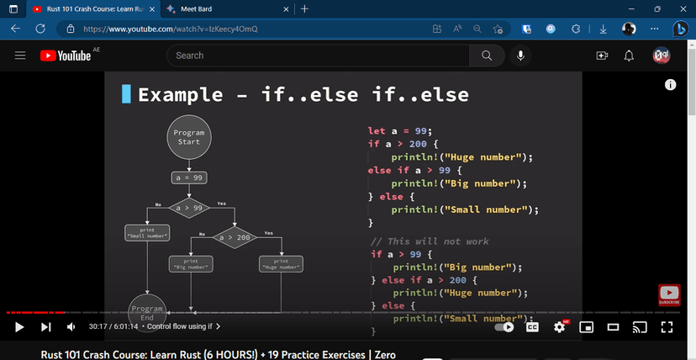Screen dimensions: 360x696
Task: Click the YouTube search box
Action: pos(319,56)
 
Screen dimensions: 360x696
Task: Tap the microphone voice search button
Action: pos(521,56)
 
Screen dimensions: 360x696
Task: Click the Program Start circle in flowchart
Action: pos(188,138)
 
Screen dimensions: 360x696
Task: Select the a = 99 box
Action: pos(188,178)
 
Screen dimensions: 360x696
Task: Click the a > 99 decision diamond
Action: pos(188,207)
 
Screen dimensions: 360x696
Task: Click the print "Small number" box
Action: pos(147,233)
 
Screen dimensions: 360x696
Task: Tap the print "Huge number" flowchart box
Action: pos(281,264)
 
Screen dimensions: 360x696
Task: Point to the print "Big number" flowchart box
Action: pos(191,264)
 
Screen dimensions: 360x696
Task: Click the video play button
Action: pos(19,326)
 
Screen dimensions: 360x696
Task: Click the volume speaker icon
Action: pos(71,326)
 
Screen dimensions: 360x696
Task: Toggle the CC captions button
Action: pos(532,326)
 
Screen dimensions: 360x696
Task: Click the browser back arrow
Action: pos(16,29)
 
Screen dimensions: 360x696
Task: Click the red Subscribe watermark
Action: pos(669,294)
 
